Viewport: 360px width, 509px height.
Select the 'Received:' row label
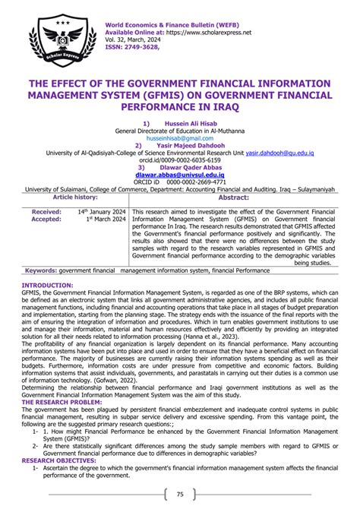(47, 212)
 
